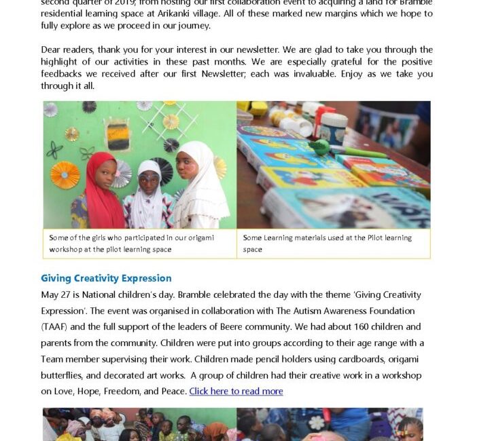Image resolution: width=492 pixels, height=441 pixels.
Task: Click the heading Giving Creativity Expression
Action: click(x=106, y=278)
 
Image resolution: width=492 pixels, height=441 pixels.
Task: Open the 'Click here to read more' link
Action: click(x=236, y=391)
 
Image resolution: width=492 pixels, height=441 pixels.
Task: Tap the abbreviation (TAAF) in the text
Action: click(x=59, y=327)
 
